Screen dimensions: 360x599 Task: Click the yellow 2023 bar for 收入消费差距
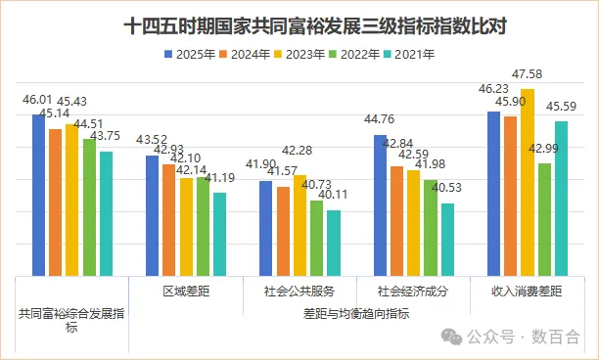tap(528, 182)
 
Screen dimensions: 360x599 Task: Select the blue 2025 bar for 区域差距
tap(153, 215)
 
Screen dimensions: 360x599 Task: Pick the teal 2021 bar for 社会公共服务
tap(334, 243)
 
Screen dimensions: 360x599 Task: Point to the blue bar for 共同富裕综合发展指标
tap(38, 195)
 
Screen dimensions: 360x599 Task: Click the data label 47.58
tap(530, 74)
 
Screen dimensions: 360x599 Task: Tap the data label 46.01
tap(37, 100)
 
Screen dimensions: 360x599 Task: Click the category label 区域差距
tap(185, 292)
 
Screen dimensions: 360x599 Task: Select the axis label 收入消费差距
tap(528, 292)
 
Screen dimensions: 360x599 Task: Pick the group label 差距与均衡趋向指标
tap(356, 313)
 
